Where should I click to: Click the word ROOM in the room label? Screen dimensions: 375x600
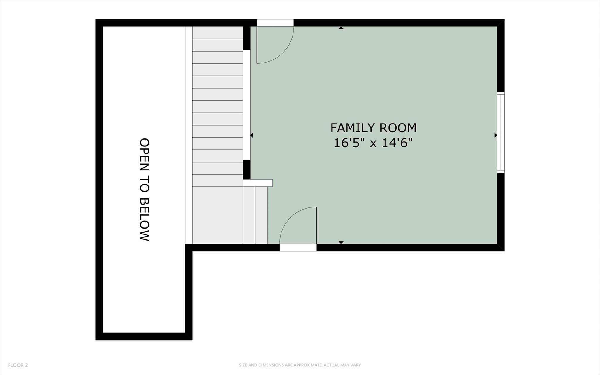point(398,128)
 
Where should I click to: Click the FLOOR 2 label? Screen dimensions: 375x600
point(18,365)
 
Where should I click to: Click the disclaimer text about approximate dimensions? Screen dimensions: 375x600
point(300,365)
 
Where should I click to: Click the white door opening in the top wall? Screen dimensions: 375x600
point(275,23)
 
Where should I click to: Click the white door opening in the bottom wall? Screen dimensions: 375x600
point(298,248)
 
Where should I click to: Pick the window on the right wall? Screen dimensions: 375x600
point(501,132)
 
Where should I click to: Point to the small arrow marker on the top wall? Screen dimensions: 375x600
point(341,28)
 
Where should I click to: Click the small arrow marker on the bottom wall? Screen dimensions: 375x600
point(341,242)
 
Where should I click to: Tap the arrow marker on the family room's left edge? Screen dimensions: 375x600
point(251,135)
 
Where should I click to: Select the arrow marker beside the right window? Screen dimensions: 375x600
point(496,135)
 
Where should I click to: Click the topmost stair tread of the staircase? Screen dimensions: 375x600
point(217,33)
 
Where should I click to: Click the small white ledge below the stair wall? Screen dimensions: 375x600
point(258,183)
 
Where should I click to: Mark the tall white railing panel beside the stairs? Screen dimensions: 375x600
point(247,105)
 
